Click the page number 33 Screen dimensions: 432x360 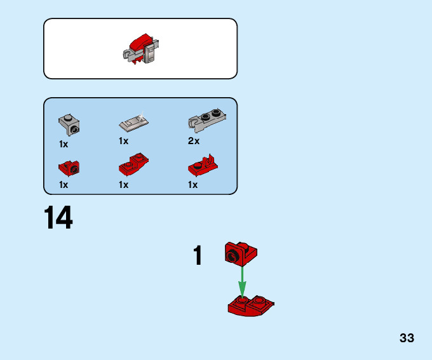click(x=407, y=338)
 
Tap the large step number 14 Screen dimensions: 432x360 click(x=58, y=218)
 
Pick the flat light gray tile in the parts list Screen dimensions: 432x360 click(x=133, y=121)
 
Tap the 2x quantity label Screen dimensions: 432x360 click(x=194, y=141)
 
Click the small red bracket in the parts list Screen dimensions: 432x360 click(x=69, y=168)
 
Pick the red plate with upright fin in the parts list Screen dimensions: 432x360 click(x=203, y=167)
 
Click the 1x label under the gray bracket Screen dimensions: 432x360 click(x=64, y=144)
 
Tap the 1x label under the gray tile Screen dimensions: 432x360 click(x=123, y=141)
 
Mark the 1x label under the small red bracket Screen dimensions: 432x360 click(x=64, y=185)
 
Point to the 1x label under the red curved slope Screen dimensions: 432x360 click(x=123, y=185)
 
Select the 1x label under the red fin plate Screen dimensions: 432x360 click(x=192, y=185)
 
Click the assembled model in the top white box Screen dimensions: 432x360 click(x=141, y=49)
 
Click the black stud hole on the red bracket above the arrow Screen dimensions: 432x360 click(x=233, y=257)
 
